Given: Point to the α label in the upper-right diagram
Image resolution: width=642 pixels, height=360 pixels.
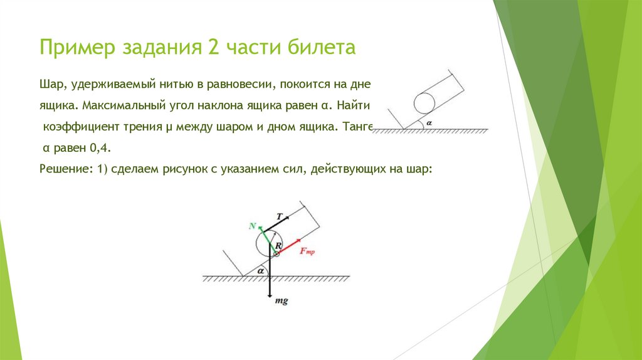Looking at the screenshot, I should [x=429, y=122].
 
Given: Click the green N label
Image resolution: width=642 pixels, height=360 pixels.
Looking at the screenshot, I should [x=252, y=225].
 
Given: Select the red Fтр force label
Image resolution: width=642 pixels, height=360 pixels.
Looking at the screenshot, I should [x=307, y=251].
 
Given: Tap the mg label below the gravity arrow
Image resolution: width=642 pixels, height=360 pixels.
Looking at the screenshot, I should [x=282, y=302].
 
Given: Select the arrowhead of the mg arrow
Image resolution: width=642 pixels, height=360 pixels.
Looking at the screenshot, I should [x=270, y=295].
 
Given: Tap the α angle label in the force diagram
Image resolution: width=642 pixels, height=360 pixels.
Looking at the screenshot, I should [x=258, y=270].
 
